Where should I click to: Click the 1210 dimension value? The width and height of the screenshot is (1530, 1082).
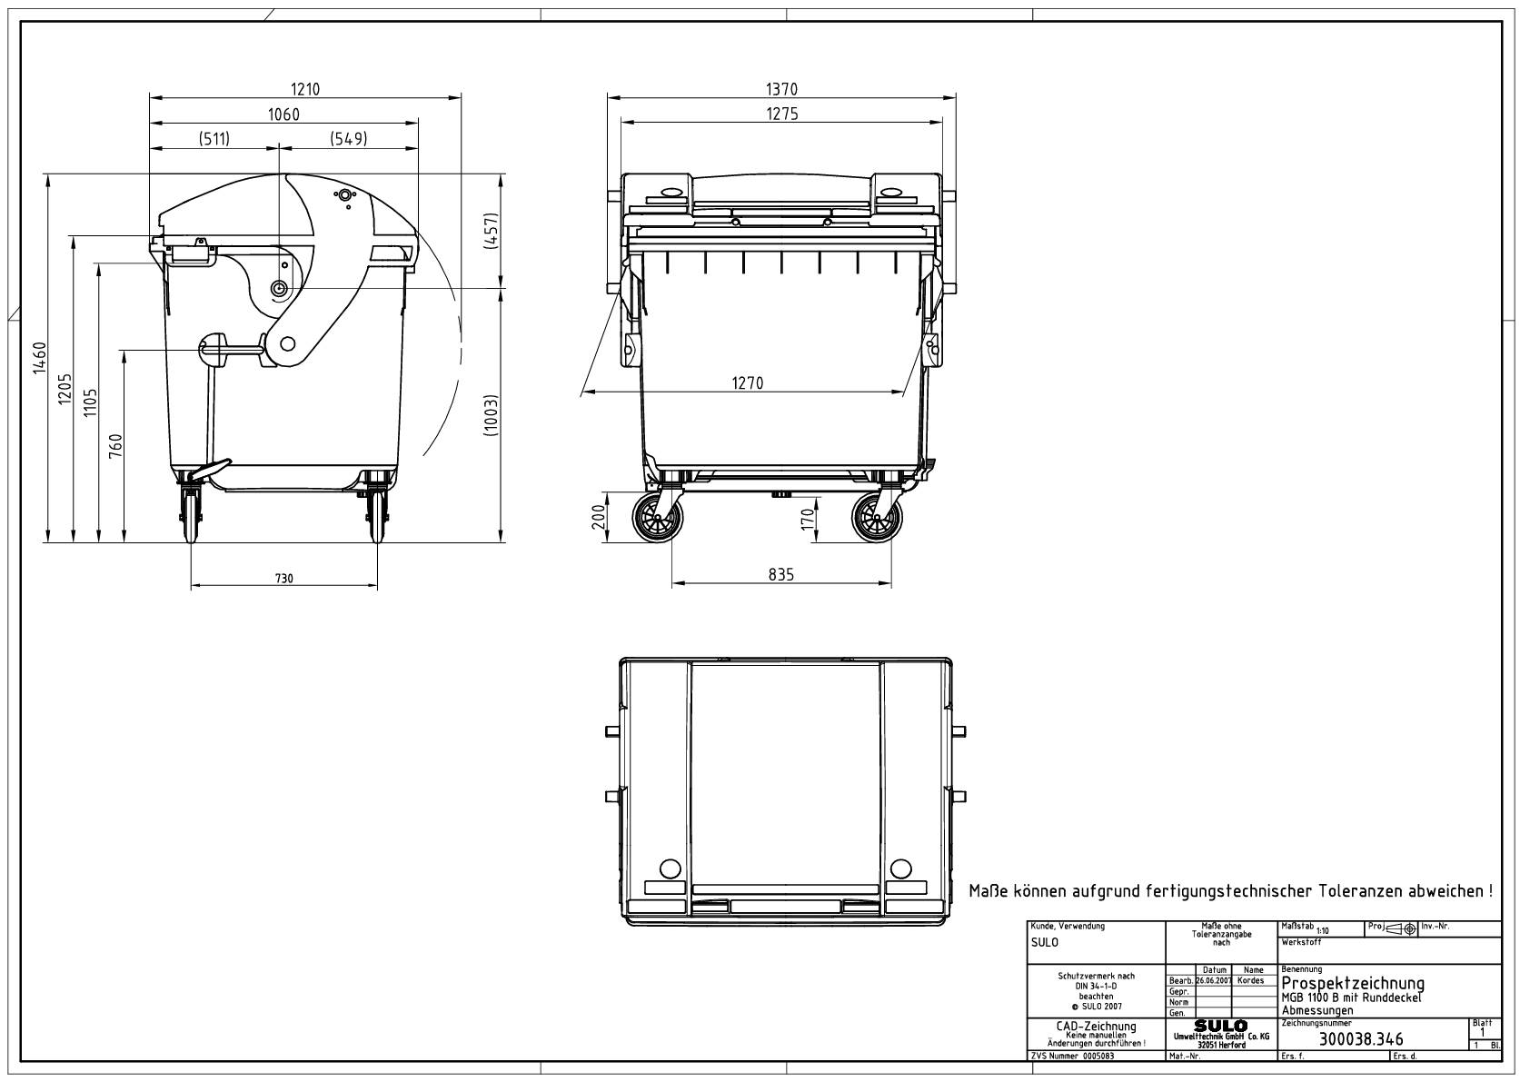[305, 89]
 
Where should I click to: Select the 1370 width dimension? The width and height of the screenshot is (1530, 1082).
[781, 89]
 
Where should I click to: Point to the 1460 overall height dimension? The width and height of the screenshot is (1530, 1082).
[39, 359]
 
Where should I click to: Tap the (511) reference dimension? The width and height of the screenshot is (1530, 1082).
[214, 138]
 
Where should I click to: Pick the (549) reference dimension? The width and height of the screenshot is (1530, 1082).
[347, 138]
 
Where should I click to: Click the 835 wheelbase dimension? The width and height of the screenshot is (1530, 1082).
[780, 574]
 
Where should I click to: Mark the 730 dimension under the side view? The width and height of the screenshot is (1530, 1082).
[284, 579]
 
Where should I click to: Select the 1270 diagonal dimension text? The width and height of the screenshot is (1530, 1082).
[747, 383]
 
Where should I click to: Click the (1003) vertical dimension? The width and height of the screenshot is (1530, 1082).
[491, 415]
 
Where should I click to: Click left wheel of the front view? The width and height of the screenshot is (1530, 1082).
[658, 520]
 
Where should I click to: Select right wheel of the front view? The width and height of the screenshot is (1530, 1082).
[878, 520]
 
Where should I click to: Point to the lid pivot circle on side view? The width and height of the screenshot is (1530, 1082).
[279, 288]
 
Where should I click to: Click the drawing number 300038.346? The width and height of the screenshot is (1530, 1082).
[1360, 1039]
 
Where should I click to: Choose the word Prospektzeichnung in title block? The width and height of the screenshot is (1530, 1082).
[1352, 984]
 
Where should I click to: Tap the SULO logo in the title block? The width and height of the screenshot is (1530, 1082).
[1221, 1027]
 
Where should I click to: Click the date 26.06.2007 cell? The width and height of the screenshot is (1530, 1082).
[1214, 981]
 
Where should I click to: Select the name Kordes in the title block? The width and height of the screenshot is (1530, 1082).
[1251, 981]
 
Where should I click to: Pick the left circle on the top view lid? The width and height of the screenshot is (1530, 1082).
[669, 866]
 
